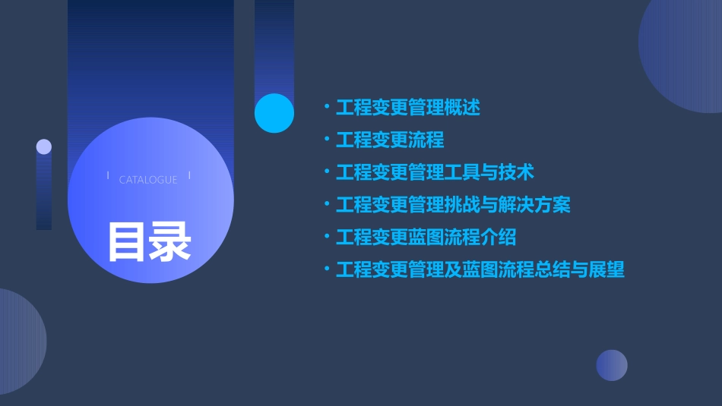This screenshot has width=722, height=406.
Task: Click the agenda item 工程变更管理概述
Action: point(408,108)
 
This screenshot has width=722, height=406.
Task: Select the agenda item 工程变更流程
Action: point(390,140)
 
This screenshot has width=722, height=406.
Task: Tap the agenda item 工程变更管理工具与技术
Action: point(435,172)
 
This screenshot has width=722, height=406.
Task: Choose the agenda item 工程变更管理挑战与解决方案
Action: point(453,205)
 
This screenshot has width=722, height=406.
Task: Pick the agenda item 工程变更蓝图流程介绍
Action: point(426,237)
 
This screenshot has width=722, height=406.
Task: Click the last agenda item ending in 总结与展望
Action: point(480,269)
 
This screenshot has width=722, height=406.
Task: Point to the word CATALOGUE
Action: point(148,180)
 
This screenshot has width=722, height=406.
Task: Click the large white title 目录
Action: point(149,242)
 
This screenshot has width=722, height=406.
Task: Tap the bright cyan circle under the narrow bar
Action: point(274,113)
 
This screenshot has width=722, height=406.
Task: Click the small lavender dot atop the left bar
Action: point(44,146)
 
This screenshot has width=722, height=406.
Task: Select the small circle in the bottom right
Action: point(612,365)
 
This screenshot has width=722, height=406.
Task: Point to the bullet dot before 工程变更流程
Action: point(327,140)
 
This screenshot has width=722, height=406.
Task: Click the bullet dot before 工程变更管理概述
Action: point(327,108)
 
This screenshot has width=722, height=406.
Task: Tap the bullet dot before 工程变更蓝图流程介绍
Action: point(327,237)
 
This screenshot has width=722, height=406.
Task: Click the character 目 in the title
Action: point(127,242)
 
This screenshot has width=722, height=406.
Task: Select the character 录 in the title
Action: point(171,242)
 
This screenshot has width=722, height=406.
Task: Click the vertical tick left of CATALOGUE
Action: point(108,176)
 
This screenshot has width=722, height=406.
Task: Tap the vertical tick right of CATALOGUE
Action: point(189,176)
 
